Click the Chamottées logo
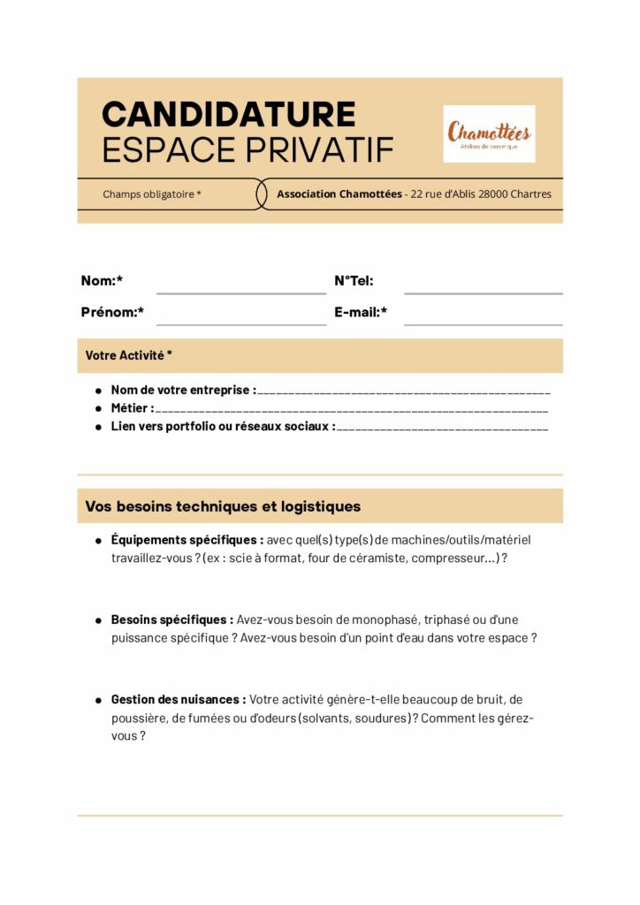(489, 133)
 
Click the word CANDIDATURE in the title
(229, 114)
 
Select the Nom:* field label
(102, 281)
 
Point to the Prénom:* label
(112, 312)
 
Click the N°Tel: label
(354, 281)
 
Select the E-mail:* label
(361, 312)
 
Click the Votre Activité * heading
(129, 355)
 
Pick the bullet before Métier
(98, 408)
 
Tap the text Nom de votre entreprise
(182, 390)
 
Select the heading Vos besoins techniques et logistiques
(223, 506)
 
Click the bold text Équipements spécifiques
(187, 539)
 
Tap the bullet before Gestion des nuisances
(98, 700)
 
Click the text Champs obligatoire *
(152, 194)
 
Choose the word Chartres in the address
(530, 194)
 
